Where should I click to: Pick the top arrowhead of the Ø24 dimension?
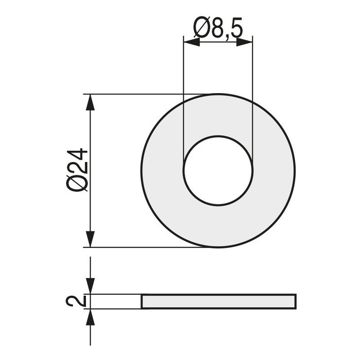pos(91,102)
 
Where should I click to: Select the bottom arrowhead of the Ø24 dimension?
pos(91,240)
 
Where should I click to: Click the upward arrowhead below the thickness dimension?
pos(91,316)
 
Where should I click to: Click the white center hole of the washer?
pos(218,170)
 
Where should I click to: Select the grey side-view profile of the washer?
pos(219,301)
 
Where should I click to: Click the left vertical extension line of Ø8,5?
pos(184,103)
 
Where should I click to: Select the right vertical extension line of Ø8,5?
pos(252,103)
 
